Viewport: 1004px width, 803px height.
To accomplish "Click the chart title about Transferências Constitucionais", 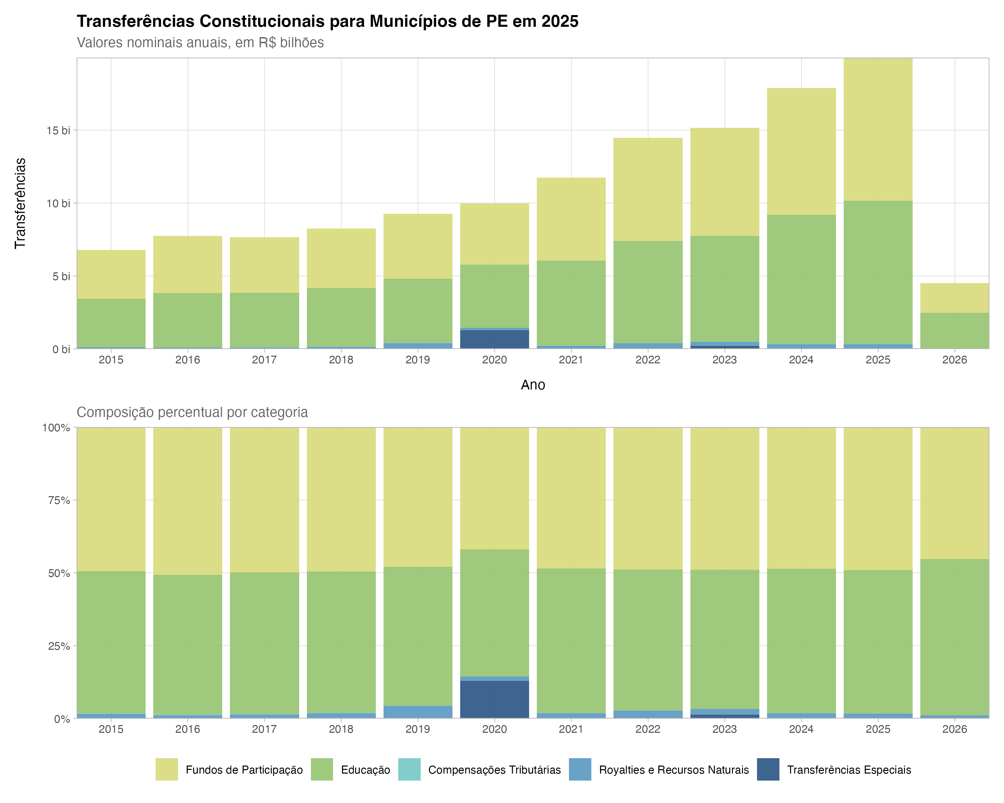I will pyautogui.click(x=327, y=21).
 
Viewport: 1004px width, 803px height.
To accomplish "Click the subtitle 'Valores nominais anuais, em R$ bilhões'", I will pyautogui.click(x=200, y=43).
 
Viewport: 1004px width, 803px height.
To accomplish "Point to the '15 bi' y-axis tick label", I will pyautogui.click(x=58, y=130).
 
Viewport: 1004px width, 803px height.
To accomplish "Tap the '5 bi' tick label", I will pyautogui.click(x=61, y=276).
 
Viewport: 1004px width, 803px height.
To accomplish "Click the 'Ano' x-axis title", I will pyautogui.click(x=533, y=385).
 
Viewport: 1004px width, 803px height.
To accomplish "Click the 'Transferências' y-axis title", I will pyautogui.click(x=20, y=203).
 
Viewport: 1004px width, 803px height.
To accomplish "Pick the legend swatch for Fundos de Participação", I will pyautogui.click(x=167, y=770).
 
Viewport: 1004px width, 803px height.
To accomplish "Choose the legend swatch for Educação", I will pyautogui.click(x=322, y=770).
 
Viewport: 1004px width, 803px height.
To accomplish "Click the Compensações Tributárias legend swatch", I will pyautogui.click(x=409, y=770).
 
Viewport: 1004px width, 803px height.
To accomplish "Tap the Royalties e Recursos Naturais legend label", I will pyautogui.click(x=673, y=770).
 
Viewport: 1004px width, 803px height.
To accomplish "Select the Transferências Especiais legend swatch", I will pyautogui.click(x=768, y=770).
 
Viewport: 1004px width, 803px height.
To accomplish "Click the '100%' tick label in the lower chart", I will pyautogui.click(x=56, y=427).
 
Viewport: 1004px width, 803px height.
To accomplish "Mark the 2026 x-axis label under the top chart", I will pyautogui.click(x=954, y=360).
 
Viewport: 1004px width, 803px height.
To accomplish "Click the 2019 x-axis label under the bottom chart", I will pyautogui.click(x=418, y=729).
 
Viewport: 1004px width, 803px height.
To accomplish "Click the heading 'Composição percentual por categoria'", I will pyautogui.click(x=192, y=413).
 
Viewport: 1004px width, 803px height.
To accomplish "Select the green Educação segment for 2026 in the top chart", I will pyautogui.click(x=954, y=331).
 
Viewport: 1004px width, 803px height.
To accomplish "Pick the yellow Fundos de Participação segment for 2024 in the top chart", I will pyautogui.click(x=801, y=151).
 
